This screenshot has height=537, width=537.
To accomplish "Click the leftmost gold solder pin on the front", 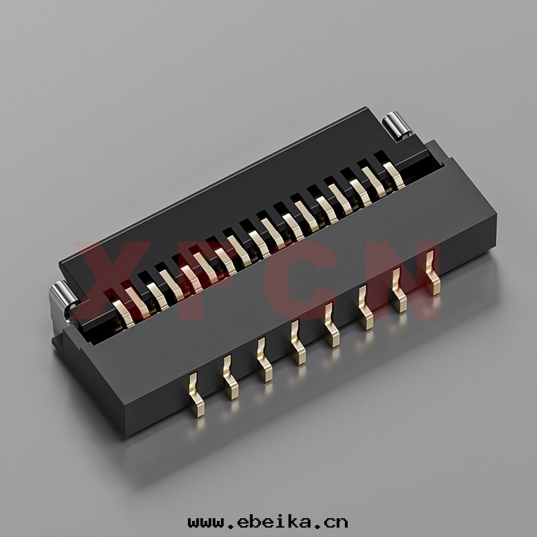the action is [197, 395].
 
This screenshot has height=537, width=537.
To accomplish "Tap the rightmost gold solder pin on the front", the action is [433, 273].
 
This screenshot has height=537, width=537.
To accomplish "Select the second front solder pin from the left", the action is [230, 377].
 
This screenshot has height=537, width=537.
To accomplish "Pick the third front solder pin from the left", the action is [264, 360].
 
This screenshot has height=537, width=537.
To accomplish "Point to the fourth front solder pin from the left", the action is [298, 342].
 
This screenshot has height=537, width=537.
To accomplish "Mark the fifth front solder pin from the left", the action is [332, 325].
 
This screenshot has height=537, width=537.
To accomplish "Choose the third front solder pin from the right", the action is [366, 307].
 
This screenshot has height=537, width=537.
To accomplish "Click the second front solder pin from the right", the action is [399, 290].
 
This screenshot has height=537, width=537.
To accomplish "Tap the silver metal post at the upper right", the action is [397, 126].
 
